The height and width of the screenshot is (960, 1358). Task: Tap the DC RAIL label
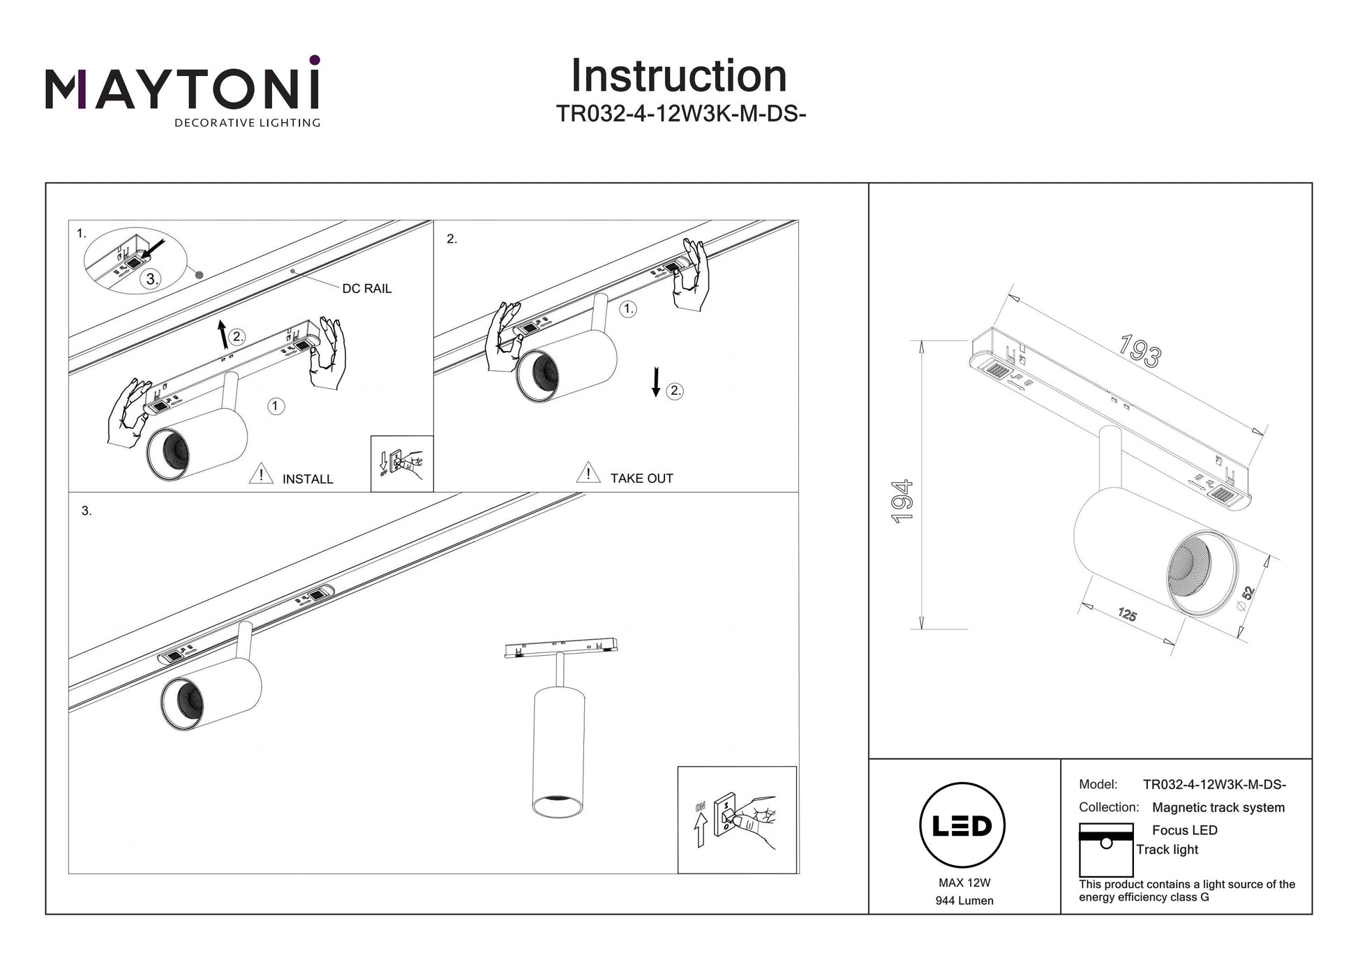(366, 289)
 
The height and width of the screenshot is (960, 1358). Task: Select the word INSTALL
(308, 479)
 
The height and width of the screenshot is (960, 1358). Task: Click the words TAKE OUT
(641, 479)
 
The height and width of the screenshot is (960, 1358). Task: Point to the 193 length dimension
(1139, 350)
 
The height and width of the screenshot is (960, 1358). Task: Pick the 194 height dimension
(902, 501)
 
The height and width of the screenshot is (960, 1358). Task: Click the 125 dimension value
(1127, 615)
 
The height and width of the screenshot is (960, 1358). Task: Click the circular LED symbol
(962, 825)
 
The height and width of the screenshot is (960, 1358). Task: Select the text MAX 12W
(964, 883)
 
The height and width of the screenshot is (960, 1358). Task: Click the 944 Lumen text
(964, 901)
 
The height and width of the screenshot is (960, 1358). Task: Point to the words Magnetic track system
(1218, 807)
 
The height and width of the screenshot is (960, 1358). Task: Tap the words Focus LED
(1184, 830)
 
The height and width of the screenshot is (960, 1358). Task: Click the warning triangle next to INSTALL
(261, 474)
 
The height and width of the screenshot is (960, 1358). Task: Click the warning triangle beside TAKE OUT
(588, 473)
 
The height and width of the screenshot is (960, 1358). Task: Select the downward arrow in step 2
(656, 382)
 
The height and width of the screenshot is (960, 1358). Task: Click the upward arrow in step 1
(223, 334)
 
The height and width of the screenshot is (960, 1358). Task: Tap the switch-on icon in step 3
(737, 820)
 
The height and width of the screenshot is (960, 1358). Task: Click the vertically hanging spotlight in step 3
(557, 747)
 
